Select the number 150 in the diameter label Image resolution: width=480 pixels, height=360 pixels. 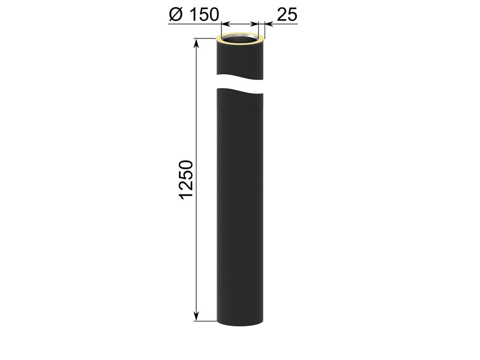click(204, 14)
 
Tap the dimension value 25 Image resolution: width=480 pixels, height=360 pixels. click(287, 14)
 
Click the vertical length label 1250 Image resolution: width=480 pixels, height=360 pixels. click(186, 179)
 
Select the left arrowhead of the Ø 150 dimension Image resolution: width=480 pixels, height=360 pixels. click(226, 23)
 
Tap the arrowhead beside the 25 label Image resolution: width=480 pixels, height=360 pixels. click(269, 23)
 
